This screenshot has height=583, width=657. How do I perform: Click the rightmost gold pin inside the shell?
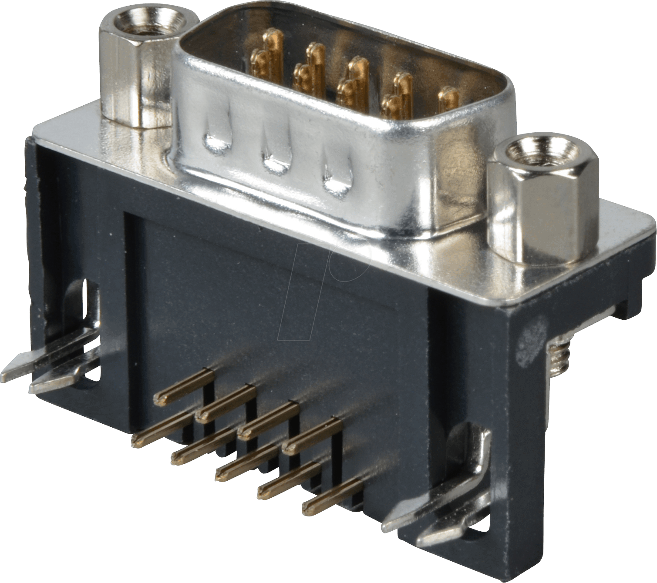point(448,99)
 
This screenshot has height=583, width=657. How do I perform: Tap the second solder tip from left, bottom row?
point(176,457)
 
